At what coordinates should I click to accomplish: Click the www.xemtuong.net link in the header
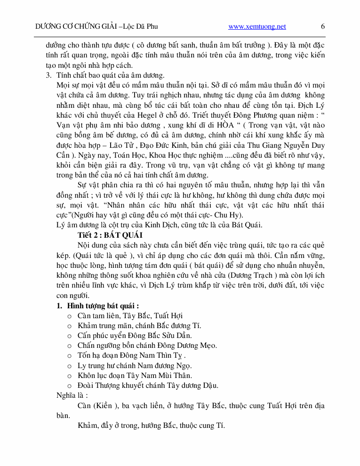(257, 26)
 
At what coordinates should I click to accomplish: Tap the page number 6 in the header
(323, 26)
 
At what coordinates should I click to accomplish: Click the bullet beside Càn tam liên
(70, 315)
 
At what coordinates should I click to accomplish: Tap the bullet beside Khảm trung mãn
(70, 325)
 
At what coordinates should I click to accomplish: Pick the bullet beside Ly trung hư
(70, 365)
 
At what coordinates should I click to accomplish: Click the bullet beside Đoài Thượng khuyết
(70, 386)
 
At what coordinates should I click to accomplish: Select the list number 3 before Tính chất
(48, 75)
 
